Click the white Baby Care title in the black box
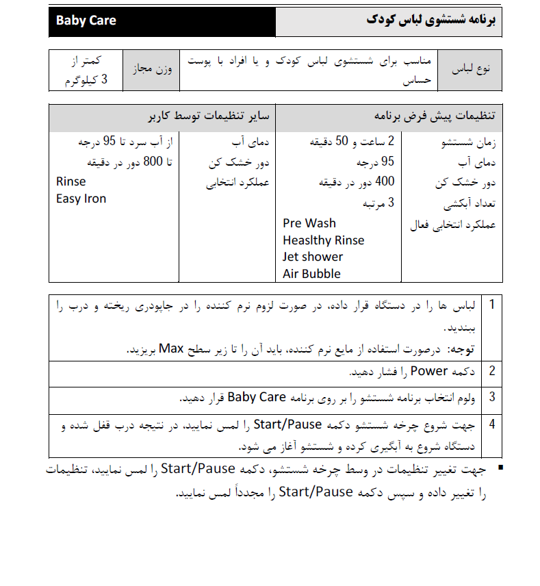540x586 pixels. click(86, 21)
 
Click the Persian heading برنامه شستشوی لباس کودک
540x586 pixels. click(430, 21)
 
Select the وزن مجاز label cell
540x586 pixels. click(151, 69)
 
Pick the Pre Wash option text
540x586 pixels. click(309, 223)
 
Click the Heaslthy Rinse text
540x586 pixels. click(323, 240)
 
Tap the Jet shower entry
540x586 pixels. click(313, 257)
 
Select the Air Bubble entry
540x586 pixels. click(311, 274)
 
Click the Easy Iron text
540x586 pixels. click(81, 199)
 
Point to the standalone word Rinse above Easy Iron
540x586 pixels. click(71, 182)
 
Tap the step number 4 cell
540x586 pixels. click(491, 424)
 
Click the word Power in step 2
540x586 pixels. click(429, 371)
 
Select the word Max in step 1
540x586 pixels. click(172, 349)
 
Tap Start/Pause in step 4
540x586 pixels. click(287, 424)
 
